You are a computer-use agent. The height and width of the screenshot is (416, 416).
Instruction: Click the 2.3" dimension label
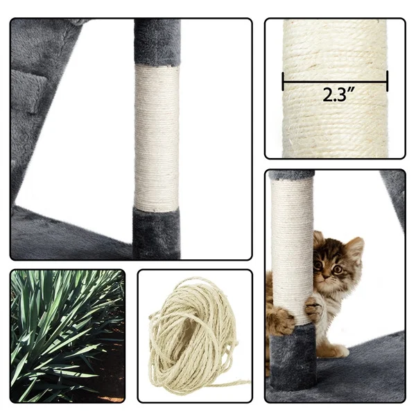click(338, 94)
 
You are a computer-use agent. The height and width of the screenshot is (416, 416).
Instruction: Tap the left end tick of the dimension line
click(284, 81)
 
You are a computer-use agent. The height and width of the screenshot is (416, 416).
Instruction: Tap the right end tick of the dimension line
click(388, 81)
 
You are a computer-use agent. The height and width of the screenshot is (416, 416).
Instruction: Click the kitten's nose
click(326, 277)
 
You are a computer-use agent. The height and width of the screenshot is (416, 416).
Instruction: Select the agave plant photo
click(67, 336)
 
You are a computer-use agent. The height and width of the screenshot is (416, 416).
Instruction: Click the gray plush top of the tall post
click(157, 42)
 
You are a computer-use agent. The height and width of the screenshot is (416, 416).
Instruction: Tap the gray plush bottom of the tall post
click(156, 234)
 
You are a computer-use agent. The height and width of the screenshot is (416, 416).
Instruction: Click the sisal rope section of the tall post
click(157, 137)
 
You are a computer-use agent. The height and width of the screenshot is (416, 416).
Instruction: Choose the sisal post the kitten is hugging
click(292, 252)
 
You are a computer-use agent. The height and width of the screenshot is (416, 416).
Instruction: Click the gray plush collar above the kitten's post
click(291, 175)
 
